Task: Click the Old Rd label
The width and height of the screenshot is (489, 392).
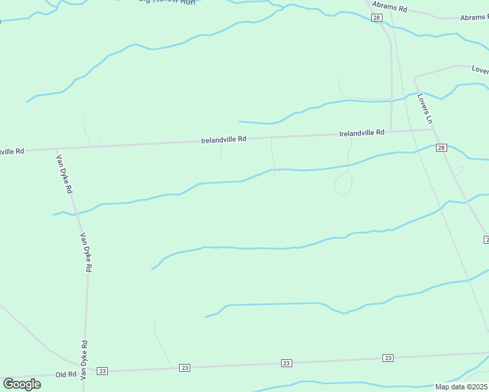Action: tap(66, 374)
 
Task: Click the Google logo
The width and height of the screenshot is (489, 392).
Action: tap(22, 384)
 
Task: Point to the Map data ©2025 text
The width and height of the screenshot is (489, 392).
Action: tap(461, 387)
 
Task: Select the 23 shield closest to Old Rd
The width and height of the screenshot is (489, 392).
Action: tap(102, 371)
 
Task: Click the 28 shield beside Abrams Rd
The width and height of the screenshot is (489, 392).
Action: tap(376, 18)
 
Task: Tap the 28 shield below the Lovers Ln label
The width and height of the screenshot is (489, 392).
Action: tap(441, 148)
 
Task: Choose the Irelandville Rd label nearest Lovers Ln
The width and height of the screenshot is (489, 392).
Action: tap(362, 133)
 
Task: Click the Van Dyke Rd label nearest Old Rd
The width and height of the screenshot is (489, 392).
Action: tap(84, 361)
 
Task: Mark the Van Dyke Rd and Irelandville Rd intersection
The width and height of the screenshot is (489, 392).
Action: tap(56, 149)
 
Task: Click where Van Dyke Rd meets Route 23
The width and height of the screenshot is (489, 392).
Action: tap(84, 372)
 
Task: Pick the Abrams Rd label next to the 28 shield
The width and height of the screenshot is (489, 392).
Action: tap(390, 9)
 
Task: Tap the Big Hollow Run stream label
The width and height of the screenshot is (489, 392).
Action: tap(167, 2)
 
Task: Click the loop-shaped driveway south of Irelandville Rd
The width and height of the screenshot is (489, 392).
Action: tap(343, 185)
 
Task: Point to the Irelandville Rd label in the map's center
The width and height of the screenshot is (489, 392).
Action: tap(224, 139)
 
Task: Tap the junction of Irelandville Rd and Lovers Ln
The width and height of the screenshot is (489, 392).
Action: tap(432, 129)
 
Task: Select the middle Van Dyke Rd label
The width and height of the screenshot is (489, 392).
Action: tap(85, 253)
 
